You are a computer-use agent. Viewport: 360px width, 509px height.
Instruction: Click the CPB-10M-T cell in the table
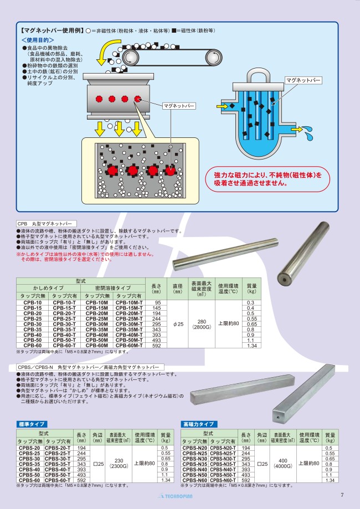point(129,303)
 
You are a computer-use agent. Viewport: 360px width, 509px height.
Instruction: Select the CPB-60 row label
point(33,345)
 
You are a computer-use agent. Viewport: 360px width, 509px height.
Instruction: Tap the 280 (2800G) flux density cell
point(201,324)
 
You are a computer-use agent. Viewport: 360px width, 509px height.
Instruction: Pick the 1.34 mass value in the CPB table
point(251,345)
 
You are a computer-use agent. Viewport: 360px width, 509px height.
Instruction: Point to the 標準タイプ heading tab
point(32,424)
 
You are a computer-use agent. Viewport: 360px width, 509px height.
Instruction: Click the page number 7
point(342,495)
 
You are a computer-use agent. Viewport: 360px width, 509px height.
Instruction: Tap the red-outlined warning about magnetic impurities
point(263,177)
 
